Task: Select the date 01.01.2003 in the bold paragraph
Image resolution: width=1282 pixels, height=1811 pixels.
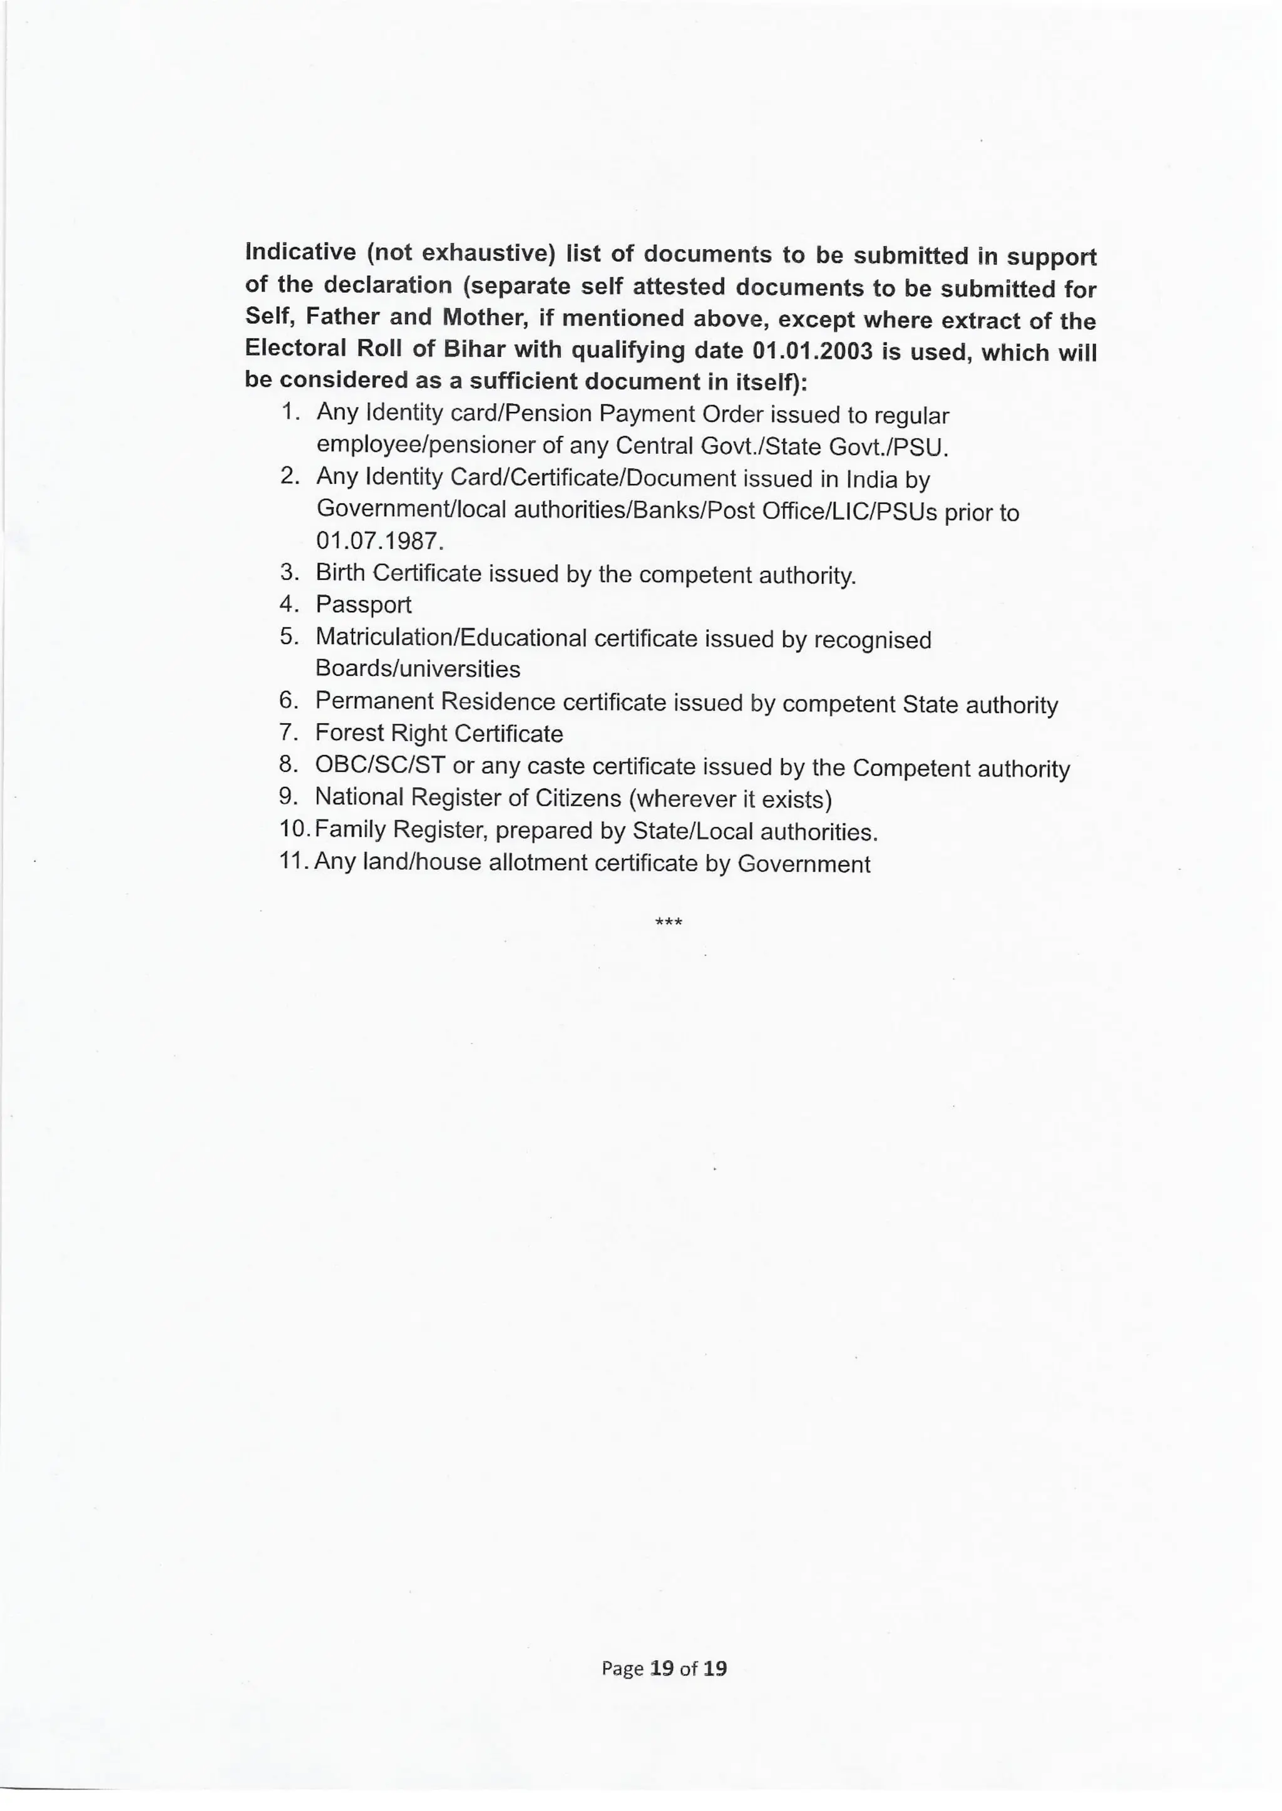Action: pos(813,350)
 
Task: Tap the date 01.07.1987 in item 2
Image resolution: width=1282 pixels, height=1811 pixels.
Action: pos(379,541)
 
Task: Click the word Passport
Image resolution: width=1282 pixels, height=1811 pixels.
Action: pos(363,605)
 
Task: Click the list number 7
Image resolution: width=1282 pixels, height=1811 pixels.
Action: pos(287,732)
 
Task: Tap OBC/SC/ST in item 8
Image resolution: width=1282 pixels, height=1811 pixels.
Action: pos(380,765)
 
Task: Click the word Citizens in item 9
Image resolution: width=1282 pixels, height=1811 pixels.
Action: pos(578,798)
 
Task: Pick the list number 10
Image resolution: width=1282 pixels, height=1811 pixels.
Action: pos(294,829)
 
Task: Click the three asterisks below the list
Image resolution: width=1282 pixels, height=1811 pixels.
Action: pos(669,922)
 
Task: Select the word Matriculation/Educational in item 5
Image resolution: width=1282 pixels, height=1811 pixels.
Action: pos(451,637)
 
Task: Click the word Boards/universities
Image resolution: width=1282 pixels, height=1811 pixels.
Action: pos(418,669)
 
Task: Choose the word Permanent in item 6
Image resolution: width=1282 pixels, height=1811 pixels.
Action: pos(374,701)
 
